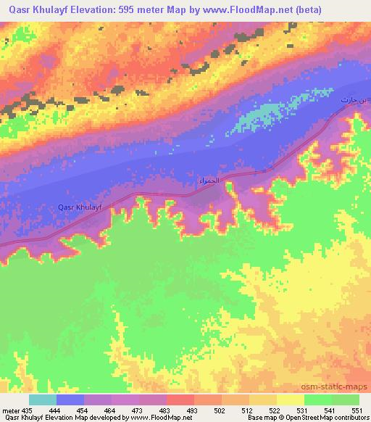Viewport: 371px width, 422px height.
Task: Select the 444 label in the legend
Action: pyautogui.click(x=63, y=410)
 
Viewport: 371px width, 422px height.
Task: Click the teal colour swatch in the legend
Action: pyautogui.click(x=43, y=400)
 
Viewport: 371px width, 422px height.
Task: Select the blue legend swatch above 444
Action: pyautogui.click(x=70, y=400)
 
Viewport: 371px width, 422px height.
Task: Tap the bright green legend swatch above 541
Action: pyautogui.click(x=317, y=400)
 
